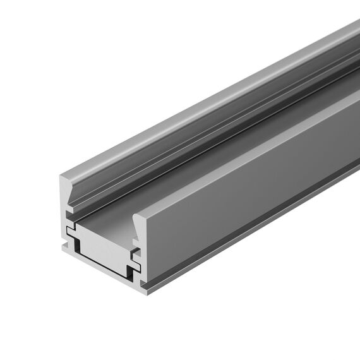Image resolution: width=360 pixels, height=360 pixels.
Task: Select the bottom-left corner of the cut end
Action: click(63, 253)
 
